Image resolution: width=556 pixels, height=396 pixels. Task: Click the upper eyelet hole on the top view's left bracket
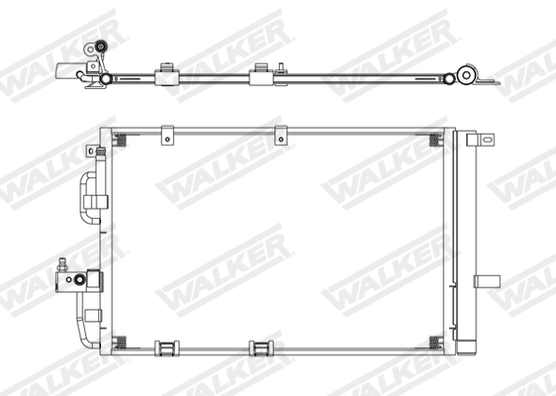[x=99, y=47]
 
